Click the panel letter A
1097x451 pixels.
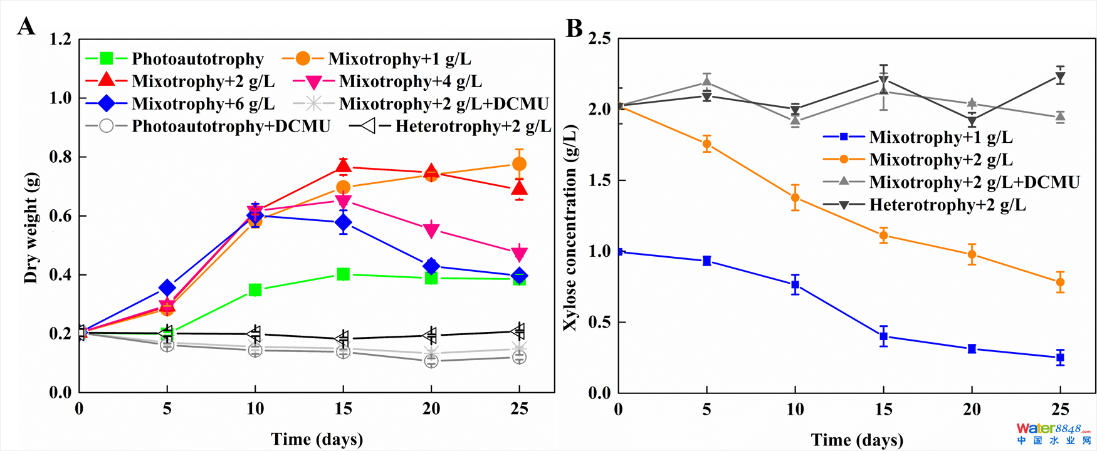[26, 27]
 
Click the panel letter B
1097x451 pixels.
[574, 28]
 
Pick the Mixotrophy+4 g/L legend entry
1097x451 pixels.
[388, 81]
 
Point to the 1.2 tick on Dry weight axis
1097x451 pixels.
[61, 39]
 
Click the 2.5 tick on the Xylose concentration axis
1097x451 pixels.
[600, 39]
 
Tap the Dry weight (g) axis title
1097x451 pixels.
[31, 229]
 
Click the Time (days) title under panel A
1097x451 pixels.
[317, 439]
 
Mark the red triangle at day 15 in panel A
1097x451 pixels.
[343, 166]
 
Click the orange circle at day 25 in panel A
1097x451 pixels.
[519, 164]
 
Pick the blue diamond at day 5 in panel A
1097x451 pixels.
[167, 288]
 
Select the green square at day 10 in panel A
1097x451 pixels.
[255, 290]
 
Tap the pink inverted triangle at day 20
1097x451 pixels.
[431, 231]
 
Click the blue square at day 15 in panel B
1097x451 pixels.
[884, 336]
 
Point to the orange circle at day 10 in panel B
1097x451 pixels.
[795, 198]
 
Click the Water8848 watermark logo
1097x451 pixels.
[1053, 433]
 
